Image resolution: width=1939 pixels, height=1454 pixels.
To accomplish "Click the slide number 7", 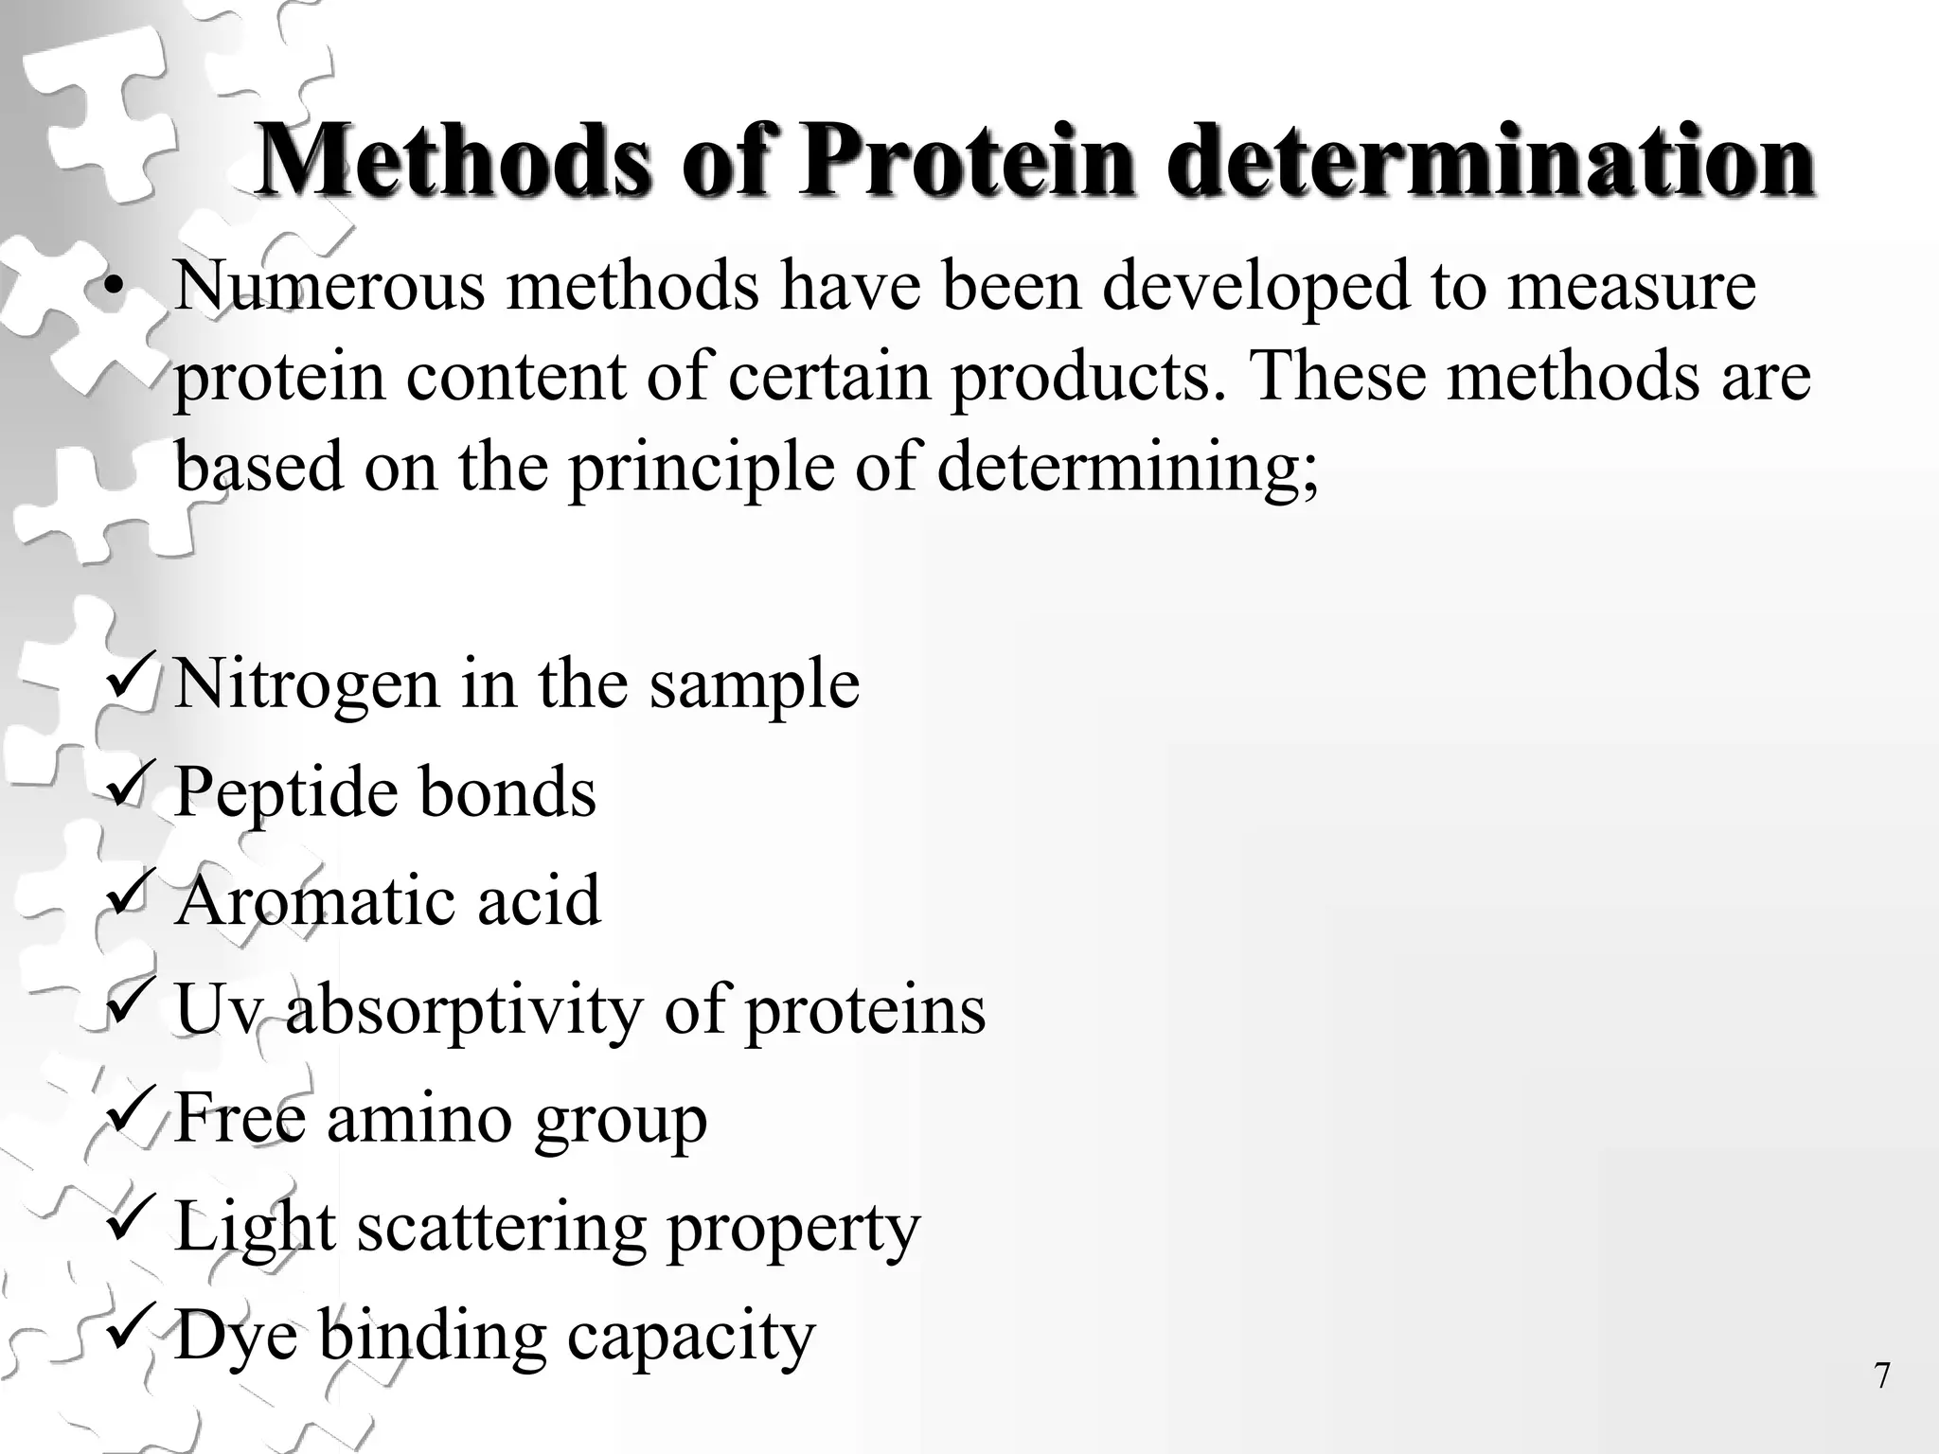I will point(1882,1375).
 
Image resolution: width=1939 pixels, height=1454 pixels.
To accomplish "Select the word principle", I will point(702,468).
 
